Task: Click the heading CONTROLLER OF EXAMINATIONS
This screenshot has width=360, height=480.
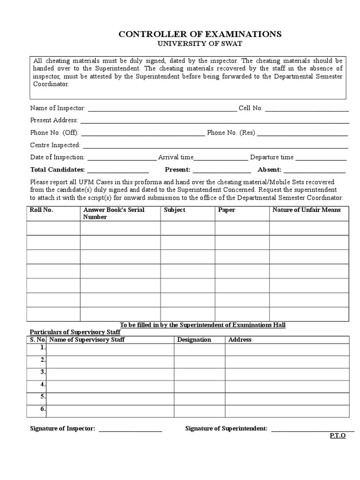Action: [x=200, y=34]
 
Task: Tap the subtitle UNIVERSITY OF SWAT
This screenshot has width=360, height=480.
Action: [x=200, y=44]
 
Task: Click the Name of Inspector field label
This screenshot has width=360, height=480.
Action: [x=58, y=108]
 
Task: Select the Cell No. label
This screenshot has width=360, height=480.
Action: [x=251, y=108]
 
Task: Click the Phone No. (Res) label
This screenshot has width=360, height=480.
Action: [x=231, y=133]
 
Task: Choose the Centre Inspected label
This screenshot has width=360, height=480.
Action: [x=55, y=145]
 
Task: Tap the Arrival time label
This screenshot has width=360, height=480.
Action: [x=176, y=157]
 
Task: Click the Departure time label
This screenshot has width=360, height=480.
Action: [x=272, y=157]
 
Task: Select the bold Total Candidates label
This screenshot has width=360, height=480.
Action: [x=57, y=169]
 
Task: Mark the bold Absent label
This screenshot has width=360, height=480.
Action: [x=269, y=169]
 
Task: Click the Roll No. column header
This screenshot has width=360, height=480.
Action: [x=41, y=210]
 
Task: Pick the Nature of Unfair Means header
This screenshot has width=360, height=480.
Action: [x=307, y=210]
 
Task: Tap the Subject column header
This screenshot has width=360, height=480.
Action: [x=174, y=210]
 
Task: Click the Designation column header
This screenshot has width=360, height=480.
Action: [x=194, y=339]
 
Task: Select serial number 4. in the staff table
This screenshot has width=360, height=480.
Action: [x=43, y=384]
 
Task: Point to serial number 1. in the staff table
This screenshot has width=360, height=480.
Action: [x=43, y=348]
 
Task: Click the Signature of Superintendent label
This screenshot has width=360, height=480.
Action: [x=226, y=428]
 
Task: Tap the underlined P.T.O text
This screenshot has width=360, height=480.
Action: [x=337, y=435]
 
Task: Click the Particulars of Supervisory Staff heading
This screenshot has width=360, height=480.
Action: [x=75, y=332]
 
